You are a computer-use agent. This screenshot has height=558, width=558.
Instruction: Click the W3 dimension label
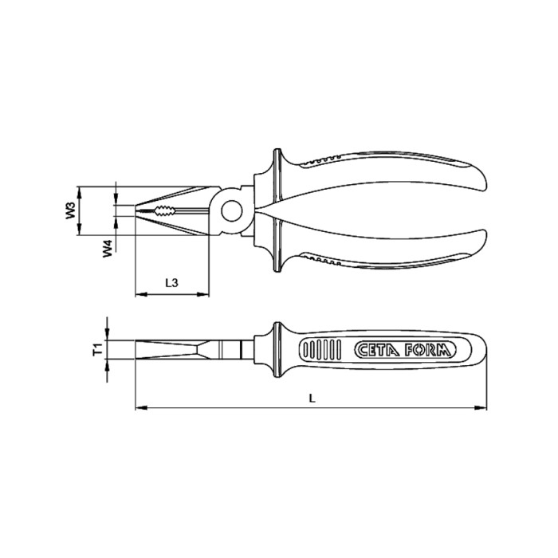tap(70, 210)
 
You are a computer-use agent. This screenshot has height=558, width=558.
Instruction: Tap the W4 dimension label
tap(105, 250)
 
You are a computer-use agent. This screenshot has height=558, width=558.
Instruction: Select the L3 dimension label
tap(171, 282)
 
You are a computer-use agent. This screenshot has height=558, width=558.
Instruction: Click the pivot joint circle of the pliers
tap(232, 210)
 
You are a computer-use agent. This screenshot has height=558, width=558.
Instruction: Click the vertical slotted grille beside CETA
tap(317, 350)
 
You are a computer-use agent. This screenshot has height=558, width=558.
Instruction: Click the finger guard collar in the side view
tap(277, 350)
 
